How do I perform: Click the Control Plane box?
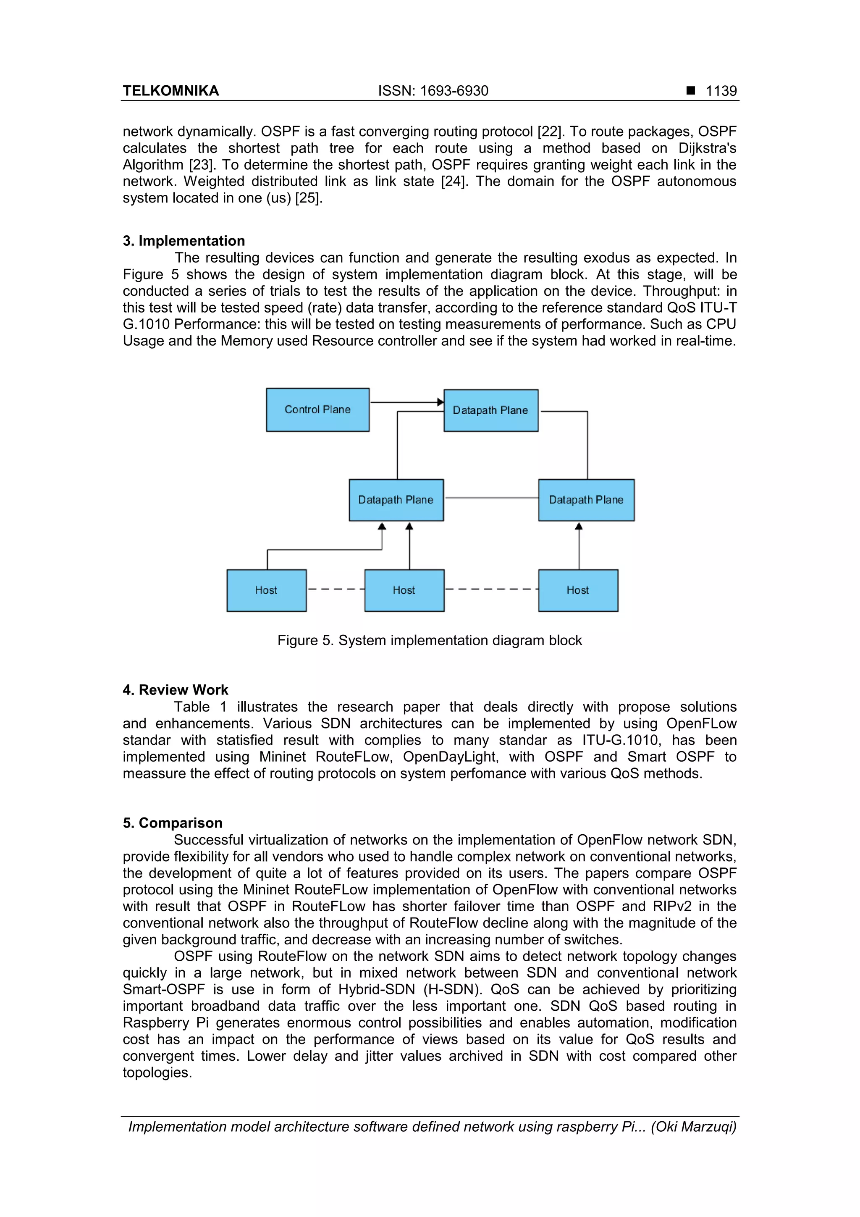(x=317, y=409)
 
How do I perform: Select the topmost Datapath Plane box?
(x=490, y=410)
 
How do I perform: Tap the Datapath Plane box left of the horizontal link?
(x=396, y=500)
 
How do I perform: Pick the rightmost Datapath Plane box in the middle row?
(x=586, y=500)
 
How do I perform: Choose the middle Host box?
(x=404, y=590)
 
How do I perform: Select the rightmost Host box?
(x=577, y=590)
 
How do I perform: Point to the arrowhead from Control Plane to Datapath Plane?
(x=440, y=402)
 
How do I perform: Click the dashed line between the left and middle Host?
(x=336, y=589)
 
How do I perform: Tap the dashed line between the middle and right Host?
(x=491, y=589)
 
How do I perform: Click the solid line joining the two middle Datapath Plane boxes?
(x=491, y=498)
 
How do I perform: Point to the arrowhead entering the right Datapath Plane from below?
(x=579, y=526)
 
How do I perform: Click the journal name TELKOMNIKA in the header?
(x=170, y=91)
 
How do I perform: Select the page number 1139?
(x=721, y=91)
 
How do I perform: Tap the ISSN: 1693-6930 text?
(x=433, y=91)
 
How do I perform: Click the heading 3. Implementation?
(x=184, y=241)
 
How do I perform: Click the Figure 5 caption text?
(x=429, y=640)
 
